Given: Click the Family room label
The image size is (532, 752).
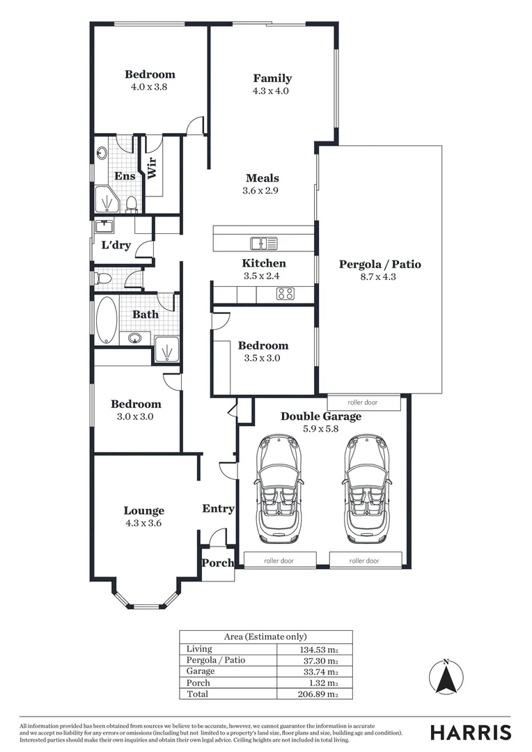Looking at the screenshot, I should [272, 79].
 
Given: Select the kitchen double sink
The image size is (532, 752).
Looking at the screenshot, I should [263, 243].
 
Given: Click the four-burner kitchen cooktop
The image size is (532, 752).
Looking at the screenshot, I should [285, 294].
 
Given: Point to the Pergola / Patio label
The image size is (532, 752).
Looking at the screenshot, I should [380, 265].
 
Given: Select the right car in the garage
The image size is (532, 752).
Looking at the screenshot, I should [365, 489].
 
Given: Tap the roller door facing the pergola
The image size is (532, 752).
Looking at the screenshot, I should [363, 402].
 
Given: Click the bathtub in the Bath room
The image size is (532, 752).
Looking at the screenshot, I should [107, 320].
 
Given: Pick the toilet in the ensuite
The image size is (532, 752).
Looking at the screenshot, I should [131, 203].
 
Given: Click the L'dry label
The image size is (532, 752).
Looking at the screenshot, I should [116, 245].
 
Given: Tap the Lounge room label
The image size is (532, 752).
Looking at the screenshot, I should [144, 510].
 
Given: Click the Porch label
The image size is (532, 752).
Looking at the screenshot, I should [217, 563].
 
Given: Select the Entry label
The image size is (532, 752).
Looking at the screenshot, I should [218, 509].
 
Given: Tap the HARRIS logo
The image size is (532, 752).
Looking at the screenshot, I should [470, 732].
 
